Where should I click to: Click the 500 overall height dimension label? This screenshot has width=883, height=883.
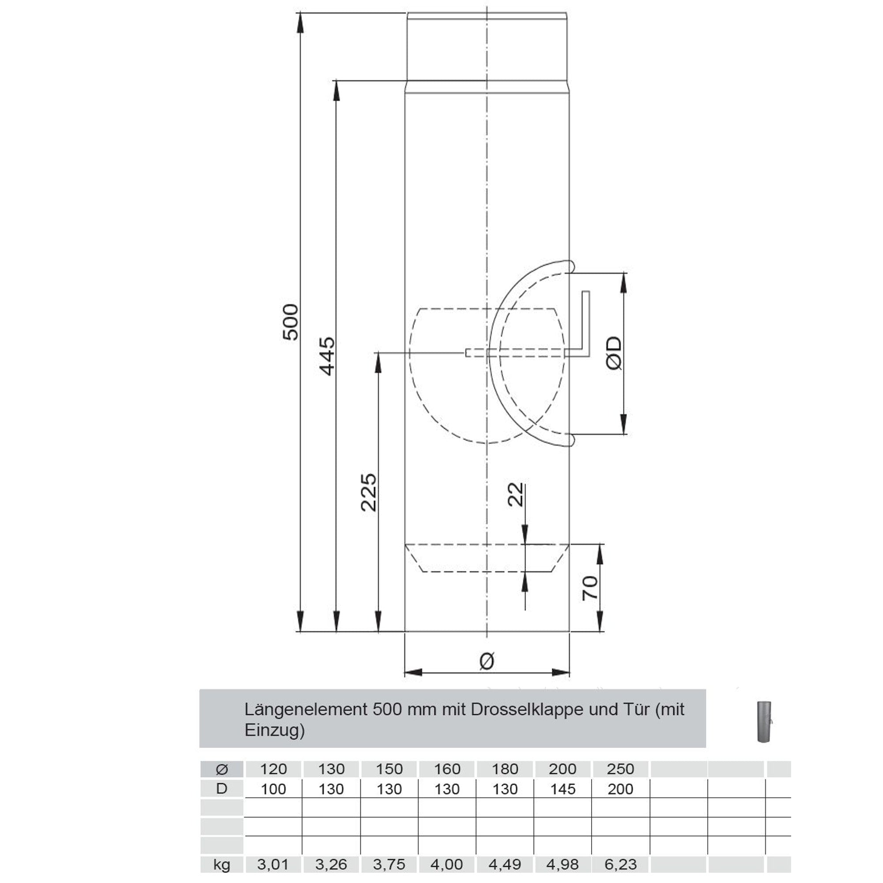[290, 322]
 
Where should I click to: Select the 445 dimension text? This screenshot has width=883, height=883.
[327, 356]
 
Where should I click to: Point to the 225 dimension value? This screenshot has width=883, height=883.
[368, 492]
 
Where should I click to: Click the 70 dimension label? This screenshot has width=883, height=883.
[590, 588]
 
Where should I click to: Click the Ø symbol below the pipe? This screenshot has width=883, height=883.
[487, 661]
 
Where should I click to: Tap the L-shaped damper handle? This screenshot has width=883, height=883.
[585, 325]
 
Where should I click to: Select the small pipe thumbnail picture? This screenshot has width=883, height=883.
[764, 722]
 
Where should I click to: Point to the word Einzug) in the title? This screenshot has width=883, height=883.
[274, 730]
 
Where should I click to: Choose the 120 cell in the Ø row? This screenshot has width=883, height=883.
[273, 769]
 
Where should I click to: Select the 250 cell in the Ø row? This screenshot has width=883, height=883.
[620, 769]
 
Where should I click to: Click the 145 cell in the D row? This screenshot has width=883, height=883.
[562, 789]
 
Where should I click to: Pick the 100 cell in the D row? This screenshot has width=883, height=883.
[273, 789]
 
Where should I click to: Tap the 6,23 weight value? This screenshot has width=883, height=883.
[620, 864]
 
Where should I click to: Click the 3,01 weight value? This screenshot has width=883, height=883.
[273, 864]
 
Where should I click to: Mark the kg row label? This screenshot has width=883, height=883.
[222, 864]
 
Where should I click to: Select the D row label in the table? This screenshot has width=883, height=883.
[222, 789]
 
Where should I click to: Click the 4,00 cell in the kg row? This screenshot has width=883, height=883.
[446, 864]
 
